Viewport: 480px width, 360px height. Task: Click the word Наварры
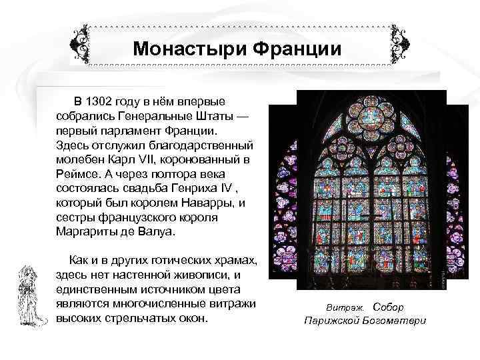pos(203,203)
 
